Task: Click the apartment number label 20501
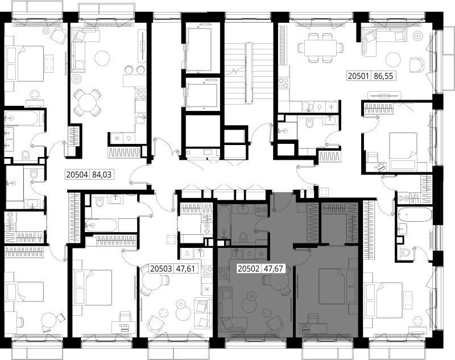coord(358,76)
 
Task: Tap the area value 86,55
coord(383,76)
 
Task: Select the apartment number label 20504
coord(77,175)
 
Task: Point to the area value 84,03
coord(102,175)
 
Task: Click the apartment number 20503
coord(161,268)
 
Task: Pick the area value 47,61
coord(186,268)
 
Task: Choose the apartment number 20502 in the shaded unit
coord(248,268)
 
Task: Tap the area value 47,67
coord(273,268)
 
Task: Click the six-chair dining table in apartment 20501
coord(320,48)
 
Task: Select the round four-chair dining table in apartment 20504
coord(88,102)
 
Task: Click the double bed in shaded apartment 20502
coord(337,286)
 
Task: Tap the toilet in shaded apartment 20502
coord(243,237)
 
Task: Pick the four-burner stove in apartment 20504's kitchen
coord(141,94)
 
